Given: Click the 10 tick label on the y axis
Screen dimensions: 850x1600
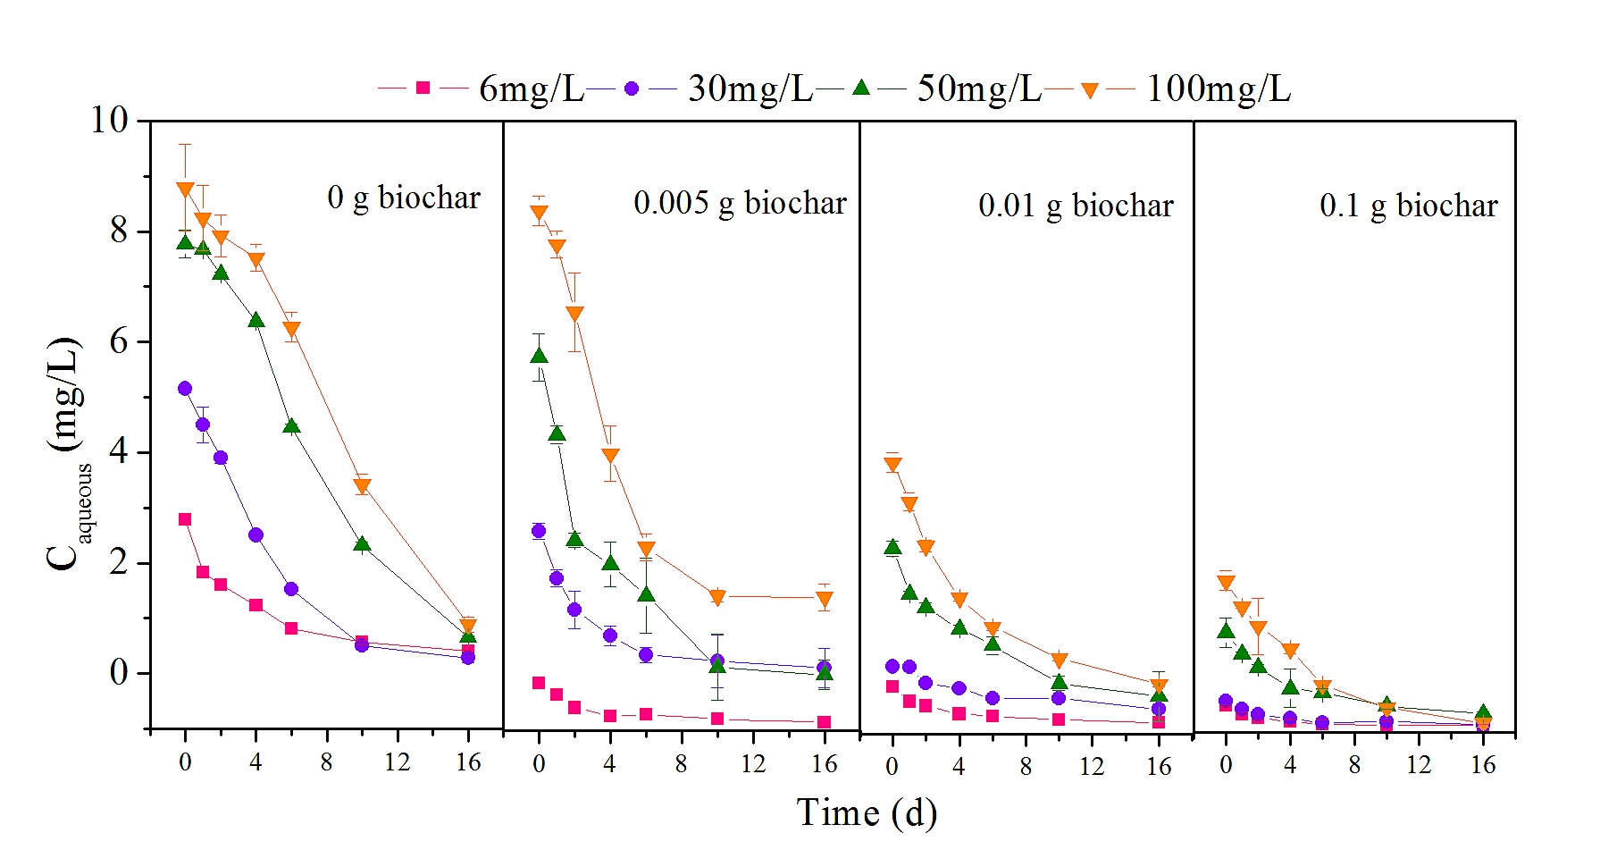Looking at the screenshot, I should [x=110, y=120].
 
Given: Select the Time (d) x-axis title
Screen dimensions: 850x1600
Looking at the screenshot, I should [x=867, y=813].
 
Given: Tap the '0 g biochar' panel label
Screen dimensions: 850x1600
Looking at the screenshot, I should [x=404, y=198].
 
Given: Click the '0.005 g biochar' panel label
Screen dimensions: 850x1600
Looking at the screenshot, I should [x=740, y=203].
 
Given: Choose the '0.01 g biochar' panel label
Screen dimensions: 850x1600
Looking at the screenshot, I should [x=1076, y=206].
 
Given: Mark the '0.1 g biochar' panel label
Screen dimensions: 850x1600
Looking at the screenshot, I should [x=1408, y=206].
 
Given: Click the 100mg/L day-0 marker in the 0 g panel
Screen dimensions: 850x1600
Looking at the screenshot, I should [x=185, y=189].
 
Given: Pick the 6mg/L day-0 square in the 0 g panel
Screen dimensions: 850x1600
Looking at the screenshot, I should [x=185, y=519].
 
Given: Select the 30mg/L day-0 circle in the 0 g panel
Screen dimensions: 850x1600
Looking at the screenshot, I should [x=185, y=389].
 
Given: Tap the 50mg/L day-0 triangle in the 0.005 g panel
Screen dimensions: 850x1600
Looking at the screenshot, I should [x=539, y=356].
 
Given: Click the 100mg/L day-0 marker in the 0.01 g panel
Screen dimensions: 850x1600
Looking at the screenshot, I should [x=892, y=464].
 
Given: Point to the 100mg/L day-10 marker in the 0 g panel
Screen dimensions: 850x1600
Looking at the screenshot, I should [x=362, y=486].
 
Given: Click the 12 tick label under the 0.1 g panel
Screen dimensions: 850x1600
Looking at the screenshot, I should [x=1419, y=765].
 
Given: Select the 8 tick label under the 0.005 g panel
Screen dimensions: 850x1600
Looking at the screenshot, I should [x=682, y=763].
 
